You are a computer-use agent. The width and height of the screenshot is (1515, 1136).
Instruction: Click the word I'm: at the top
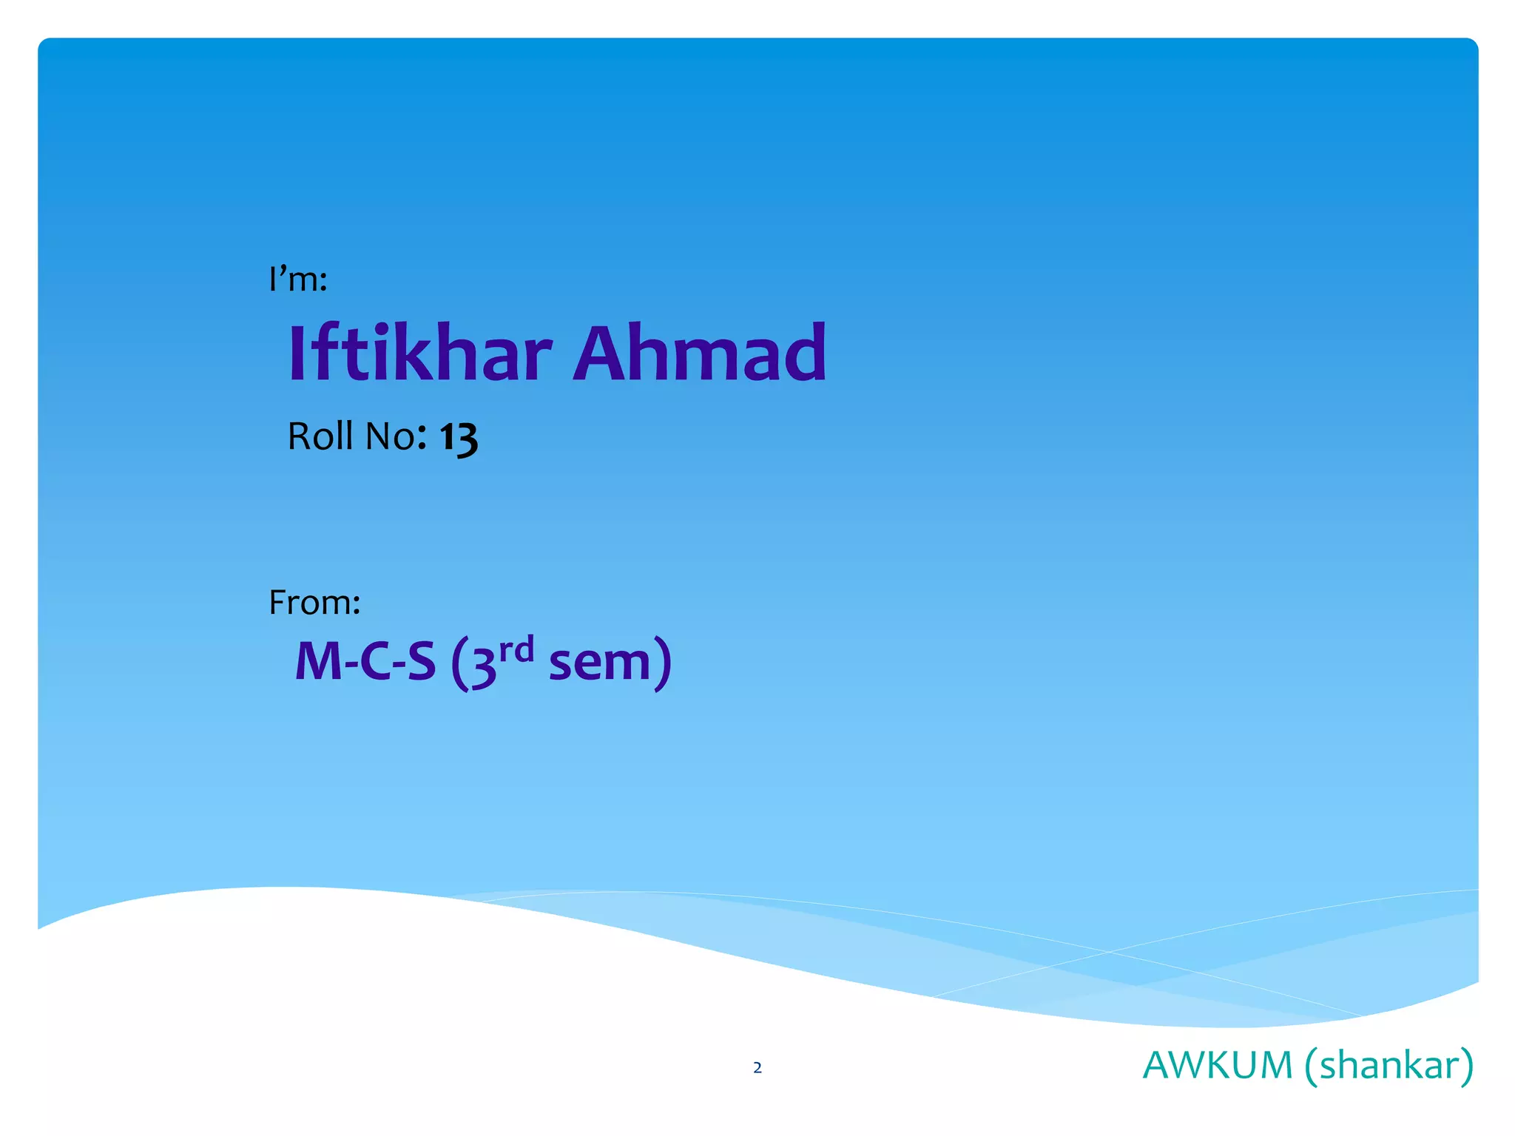click(x=298, y=280)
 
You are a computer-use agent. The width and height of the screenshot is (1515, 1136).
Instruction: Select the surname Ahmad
click(x=699, y=354)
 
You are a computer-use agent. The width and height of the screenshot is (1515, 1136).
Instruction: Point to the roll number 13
click(x=459, y=438)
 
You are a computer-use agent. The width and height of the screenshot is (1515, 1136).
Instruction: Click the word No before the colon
click(x=391, y=436)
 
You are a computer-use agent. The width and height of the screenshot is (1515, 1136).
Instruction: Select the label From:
click(x=314, y=603)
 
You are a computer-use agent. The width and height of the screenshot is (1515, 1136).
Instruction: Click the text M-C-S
click(x=365, y=661)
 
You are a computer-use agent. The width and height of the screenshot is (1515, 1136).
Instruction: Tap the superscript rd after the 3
click(x=516, y=650)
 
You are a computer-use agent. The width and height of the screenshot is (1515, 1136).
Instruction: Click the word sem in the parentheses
click(x=599, y=663)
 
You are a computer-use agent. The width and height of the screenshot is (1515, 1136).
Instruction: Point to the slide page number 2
click(x=757, y=1067)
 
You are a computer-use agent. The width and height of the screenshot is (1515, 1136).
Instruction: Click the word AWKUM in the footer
click(x=1217, y=1066)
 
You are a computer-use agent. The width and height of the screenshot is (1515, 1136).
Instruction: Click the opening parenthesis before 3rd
click(x=458, y=663)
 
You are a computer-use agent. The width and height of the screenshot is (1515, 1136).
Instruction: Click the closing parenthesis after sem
click(x=664, y=663)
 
